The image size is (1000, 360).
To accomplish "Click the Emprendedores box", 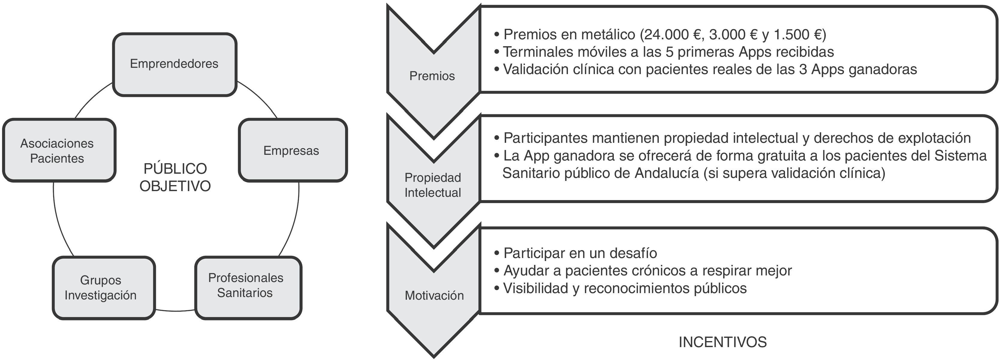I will click(174, 64).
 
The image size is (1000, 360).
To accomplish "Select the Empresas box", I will click(292, 150).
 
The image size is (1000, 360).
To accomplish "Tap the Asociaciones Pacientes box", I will click(58, 150).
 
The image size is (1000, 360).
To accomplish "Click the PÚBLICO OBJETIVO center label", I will click(175, 178).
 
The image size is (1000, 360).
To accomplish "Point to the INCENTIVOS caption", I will click(722, 342).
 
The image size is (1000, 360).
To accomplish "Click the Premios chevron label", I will click(432, 76).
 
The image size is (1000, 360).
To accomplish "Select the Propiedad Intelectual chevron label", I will click(433, 185).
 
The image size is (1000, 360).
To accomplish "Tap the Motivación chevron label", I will click(434, 295).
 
